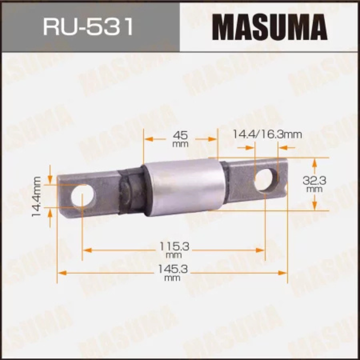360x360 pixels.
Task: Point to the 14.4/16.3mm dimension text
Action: click(267, 134)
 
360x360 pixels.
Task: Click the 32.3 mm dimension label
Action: click(315, 184)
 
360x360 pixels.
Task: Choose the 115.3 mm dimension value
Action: click(173, 249)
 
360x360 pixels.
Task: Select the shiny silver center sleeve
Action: click(185, 187)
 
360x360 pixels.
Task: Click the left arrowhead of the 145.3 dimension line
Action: click(60, 272)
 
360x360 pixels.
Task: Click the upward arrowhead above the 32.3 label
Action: click(315, 161)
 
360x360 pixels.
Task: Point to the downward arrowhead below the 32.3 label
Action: click(315, 207)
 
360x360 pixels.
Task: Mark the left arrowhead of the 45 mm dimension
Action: click(147, 139)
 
